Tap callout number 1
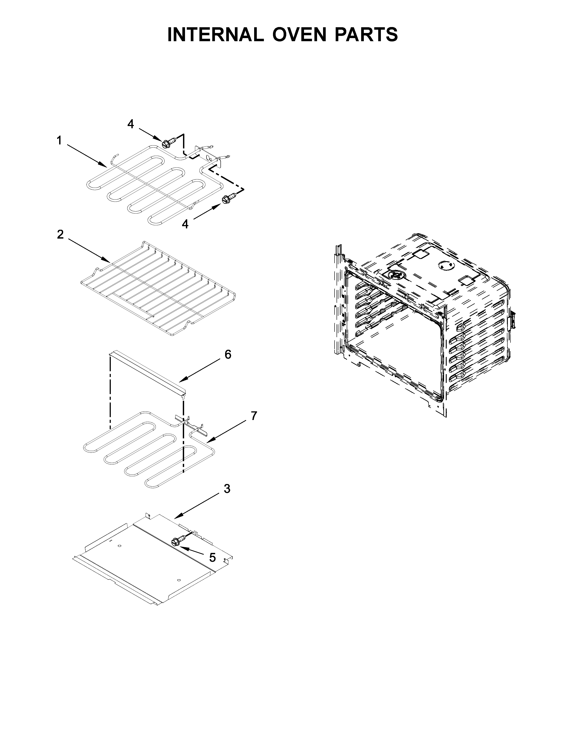pos(59,141)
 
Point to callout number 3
pos(227,489)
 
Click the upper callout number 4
pos(131,124)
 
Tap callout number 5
pos(212,557)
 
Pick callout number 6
pos(228,354)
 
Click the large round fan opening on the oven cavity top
pos(396,274)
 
